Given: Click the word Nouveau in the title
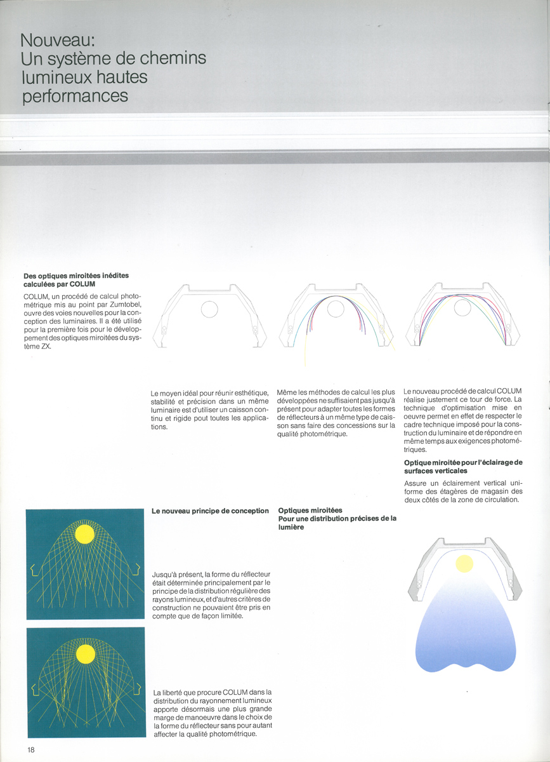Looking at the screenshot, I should (58, 40).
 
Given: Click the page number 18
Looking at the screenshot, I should (31, 749).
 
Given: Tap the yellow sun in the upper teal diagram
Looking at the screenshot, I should (84, 534).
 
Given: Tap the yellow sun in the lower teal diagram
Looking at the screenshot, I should (85, 654).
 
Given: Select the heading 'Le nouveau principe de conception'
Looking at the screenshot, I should (210, 511).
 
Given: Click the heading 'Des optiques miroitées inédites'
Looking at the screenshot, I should (76, 276).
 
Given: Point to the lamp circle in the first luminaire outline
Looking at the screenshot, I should (209, 309).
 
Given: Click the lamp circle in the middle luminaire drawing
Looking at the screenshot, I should (336, 309).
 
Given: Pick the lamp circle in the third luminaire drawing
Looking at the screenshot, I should (463, 308).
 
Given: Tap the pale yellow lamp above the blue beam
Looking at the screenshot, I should (464, 563).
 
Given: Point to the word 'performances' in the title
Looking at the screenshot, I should (75, 97).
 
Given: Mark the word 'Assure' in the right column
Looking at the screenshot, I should (417, 482).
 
